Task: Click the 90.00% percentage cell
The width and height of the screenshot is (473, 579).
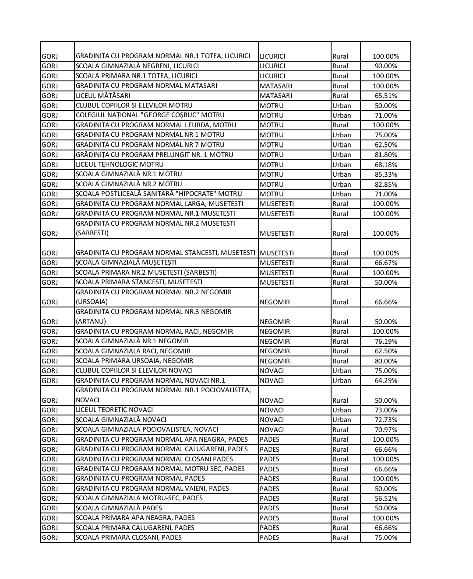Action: [385, 66]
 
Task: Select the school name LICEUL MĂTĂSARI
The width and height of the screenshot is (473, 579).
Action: [103, 95]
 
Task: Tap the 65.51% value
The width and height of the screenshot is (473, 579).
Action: [385, 96]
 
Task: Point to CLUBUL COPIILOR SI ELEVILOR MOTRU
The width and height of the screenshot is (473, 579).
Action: [134, 105]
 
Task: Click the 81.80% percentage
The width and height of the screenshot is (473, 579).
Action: [385, 155]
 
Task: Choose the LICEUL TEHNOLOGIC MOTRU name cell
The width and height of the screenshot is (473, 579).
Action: [120, 164]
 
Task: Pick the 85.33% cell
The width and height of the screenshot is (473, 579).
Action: [385, 174]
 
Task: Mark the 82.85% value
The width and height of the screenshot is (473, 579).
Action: [385, 185]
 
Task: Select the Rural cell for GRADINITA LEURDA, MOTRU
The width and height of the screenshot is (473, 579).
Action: [340, 125]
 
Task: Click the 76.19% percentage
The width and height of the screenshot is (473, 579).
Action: [385, 342]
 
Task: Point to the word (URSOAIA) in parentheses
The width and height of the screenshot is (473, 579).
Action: [92, 302]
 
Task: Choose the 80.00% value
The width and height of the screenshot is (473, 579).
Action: [385, 361]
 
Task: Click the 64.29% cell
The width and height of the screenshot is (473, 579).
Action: [385, 381]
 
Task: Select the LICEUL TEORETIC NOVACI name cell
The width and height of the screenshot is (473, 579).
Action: [114, 410]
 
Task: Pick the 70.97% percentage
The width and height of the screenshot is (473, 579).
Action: [385, 430]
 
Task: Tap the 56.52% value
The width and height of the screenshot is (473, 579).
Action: [385, 499]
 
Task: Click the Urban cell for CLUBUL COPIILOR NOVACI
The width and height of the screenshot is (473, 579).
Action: [342, 371]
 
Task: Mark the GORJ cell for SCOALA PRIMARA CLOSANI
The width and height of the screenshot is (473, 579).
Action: [49, 538]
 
